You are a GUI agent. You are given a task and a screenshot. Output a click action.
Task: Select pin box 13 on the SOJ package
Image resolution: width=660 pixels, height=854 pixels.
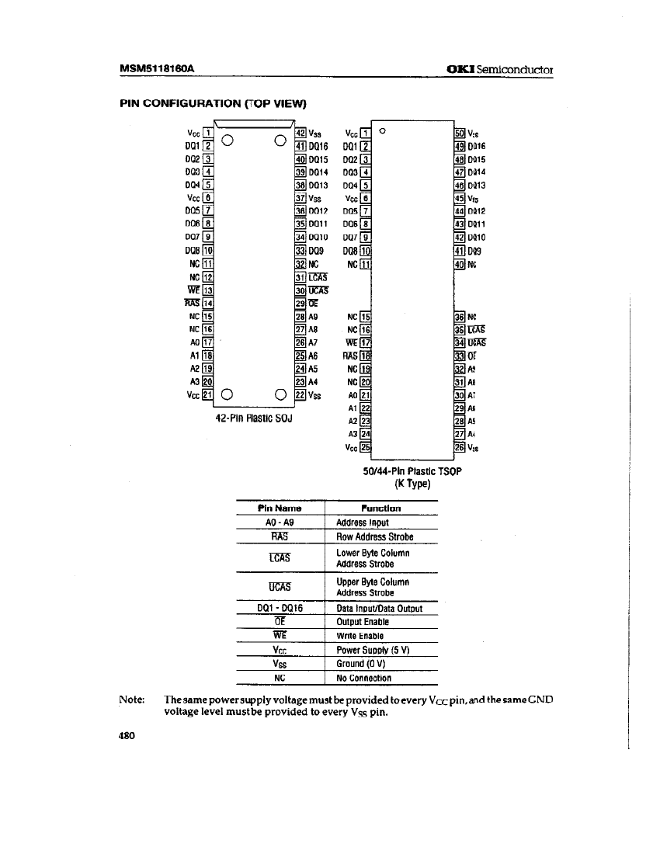click(207, 290)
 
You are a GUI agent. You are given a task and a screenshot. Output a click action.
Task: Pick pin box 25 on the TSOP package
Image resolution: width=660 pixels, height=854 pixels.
click(367, 448)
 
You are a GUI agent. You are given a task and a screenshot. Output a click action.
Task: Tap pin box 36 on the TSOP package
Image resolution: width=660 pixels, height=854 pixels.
click(460, 317)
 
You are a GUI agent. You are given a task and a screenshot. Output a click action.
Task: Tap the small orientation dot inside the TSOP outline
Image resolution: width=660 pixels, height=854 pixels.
click(382, 130)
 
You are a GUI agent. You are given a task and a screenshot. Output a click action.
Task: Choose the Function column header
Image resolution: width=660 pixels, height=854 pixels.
click(381, 509)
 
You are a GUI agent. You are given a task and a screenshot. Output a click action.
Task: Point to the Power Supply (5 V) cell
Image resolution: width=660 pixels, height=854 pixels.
click(374, 650)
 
